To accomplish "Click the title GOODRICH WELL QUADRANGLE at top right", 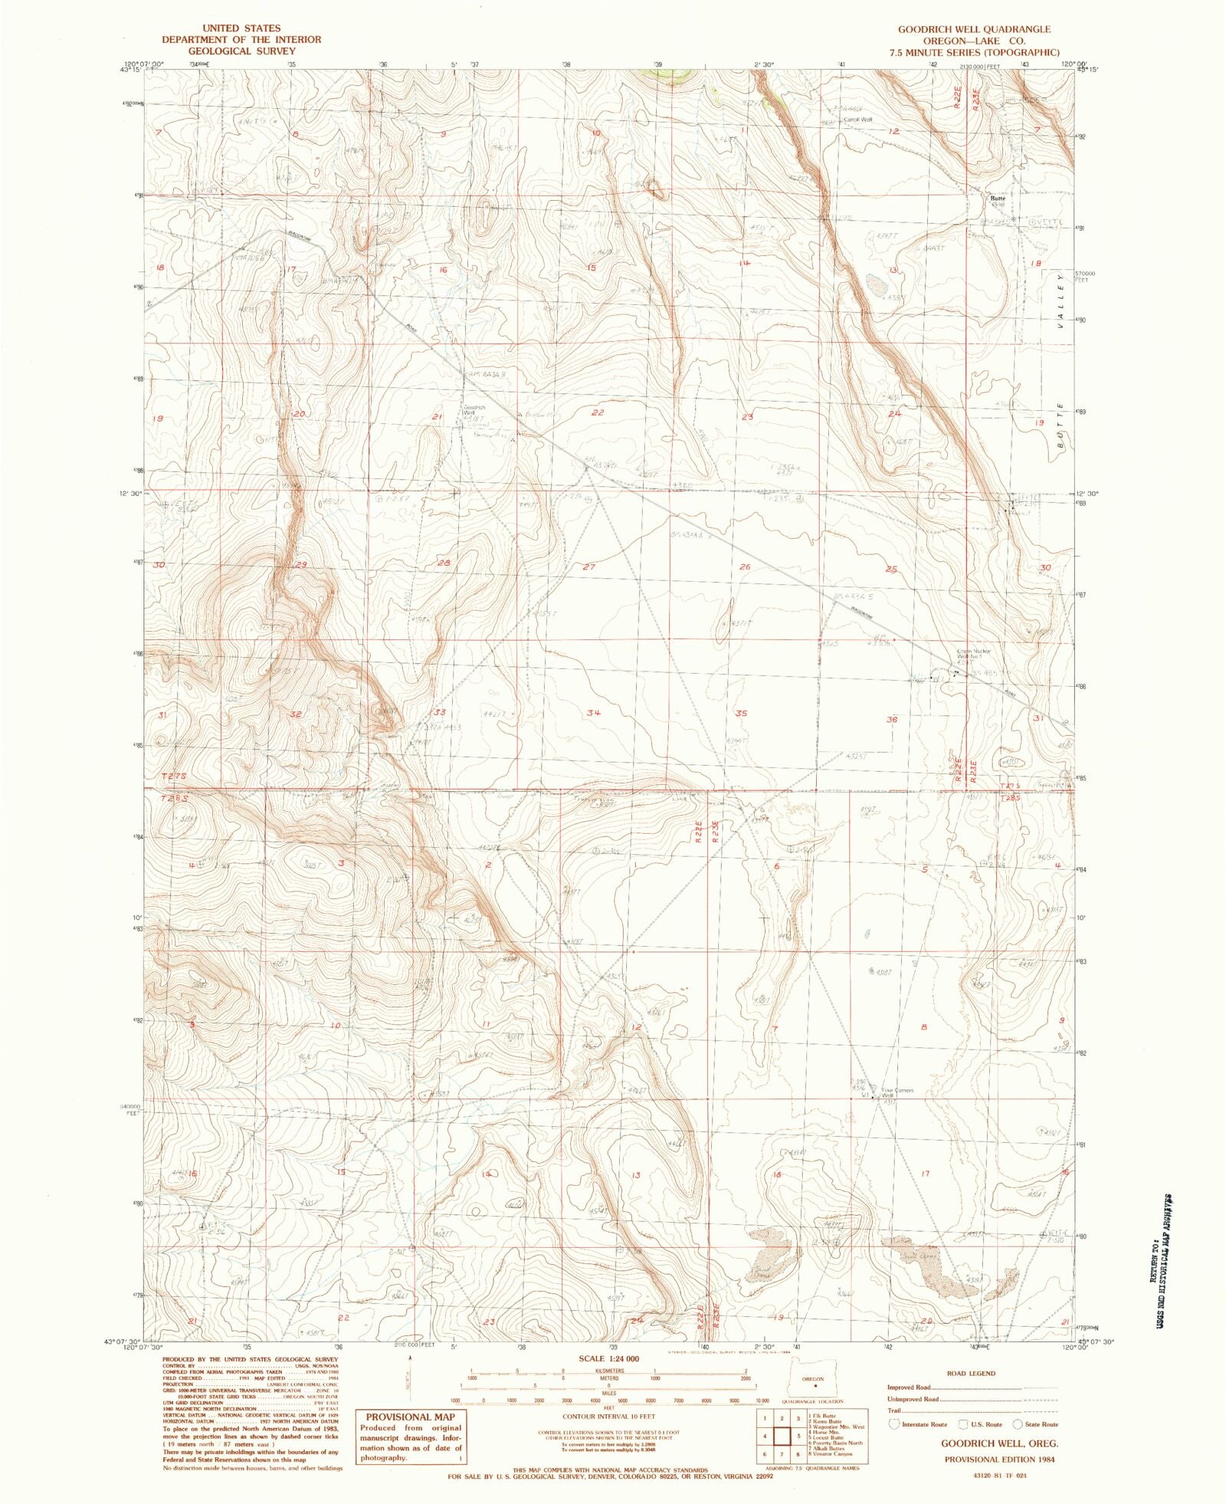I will [974, 29].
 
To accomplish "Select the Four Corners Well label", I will [897, 1092].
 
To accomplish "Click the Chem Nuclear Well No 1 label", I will [973, 654].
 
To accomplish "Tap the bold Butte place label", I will [997, 198].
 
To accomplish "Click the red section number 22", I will [598, 412].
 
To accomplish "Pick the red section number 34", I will [594, 712].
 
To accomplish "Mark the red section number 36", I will [891, 719].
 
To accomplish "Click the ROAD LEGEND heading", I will [971, 1374].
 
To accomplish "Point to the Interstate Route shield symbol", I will [893, 1424].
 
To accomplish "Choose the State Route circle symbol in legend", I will [1018, 1424].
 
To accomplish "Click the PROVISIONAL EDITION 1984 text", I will [999, 1459].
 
